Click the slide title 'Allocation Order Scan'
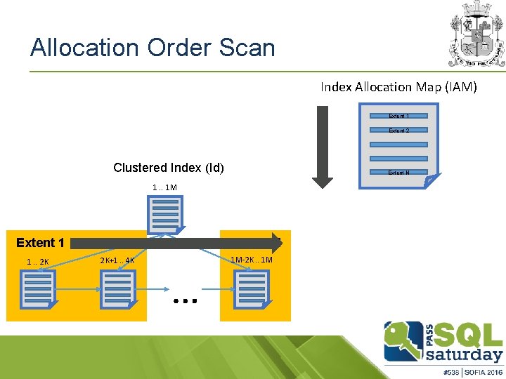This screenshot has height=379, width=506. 153,48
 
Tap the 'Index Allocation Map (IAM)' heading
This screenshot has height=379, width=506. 398,87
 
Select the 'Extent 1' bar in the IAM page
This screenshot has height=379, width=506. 398,116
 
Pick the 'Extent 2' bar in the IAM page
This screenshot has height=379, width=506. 398,131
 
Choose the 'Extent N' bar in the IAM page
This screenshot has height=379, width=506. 398,172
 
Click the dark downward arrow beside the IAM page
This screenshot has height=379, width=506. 323,147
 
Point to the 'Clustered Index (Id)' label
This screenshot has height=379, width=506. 169,168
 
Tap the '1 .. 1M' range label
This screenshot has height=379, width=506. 165,187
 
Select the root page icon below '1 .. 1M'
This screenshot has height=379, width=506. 165,215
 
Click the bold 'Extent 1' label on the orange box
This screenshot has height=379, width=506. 40,243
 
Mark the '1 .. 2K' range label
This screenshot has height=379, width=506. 37,262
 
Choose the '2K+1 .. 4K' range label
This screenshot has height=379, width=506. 117,261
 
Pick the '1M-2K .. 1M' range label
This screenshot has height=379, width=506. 252,260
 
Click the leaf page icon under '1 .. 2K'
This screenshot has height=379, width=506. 38,288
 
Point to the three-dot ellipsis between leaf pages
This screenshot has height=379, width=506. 185,300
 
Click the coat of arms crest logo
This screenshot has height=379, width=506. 476,33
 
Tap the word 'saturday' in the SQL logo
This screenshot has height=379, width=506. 466,353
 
